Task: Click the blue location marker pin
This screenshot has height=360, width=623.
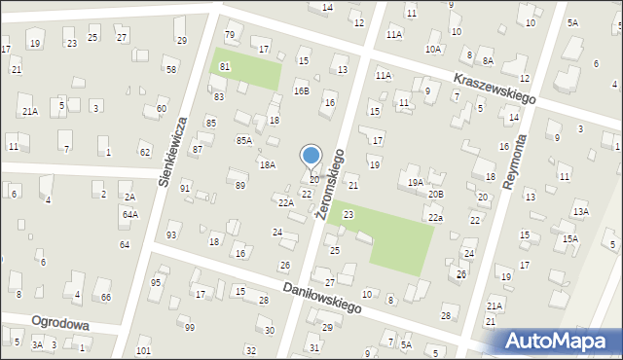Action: [x=311, y=156]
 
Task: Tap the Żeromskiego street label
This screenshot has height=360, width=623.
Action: [x=329, y=184]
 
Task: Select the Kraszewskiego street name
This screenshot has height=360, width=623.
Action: [x=495, y=89]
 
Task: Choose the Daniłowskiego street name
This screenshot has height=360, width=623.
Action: [x=322, y=298]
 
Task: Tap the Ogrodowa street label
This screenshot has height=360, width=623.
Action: [x=60, y=324]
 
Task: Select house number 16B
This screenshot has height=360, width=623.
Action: [x=302, y=91]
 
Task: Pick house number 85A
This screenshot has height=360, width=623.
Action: [x=244, y=140]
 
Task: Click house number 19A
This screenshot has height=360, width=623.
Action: [x=416, y=182]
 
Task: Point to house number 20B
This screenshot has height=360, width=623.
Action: [x=436, y=194]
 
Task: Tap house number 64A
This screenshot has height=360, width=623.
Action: [x=129, y=214]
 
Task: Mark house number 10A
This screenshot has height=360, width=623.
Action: [x=433, y=48]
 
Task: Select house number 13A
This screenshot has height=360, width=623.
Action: [x=581, y=211]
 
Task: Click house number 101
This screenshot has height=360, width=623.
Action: [x=144, y=350]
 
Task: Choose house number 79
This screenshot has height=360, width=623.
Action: [x=230, y=35]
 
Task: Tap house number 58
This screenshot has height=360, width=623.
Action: [x=170, y=69]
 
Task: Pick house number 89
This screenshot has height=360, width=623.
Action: [x=240, y=185]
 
